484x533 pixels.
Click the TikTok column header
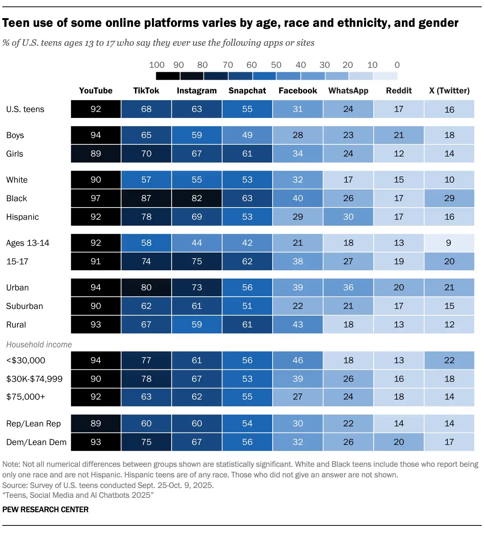[146, 91]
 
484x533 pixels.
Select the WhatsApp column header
[348, 91]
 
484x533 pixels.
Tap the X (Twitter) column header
[449, 91]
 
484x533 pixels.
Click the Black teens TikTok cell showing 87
[146, 198]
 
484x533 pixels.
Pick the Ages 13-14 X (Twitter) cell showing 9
[449, 243]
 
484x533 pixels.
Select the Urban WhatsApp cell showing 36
[348, 288]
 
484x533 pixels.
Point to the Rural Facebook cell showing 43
[298, 325]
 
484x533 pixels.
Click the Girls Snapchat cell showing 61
[247, 154]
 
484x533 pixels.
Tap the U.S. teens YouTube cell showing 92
[96, 109]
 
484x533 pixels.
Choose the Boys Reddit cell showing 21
[399, 135]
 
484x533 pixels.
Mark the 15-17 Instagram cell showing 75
[197, 262]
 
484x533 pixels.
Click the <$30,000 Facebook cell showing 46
[298, 361]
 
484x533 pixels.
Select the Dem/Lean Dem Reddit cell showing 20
[399, 442]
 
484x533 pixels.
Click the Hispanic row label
[22, 217]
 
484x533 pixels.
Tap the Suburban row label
[25, 306]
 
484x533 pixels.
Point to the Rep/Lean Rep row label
[33, 424]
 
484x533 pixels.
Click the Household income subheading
[39, 345]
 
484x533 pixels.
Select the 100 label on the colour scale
[157, 65]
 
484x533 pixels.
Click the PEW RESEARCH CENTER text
[45, 510]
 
